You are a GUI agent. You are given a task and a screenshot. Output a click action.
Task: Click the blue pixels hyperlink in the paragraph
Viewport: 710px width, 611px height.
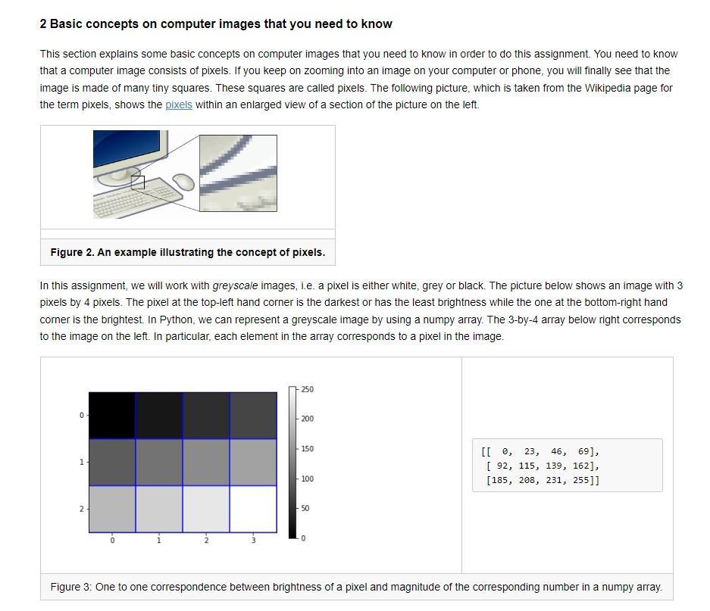179,104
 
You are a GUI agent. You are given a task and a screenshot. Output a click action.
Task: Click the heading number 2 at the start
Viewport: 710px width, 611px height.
43,23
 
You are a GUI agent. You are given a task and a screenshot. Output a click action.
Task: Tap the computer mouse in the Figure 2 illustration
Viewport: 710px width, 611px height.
183,182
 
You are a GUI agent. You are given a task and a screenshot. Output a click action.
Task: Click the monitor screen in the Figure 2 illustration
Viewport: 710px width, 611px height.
127,149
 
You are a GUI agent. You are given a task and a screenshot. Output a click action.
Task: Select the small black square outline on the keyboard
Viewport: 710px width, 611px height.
137,182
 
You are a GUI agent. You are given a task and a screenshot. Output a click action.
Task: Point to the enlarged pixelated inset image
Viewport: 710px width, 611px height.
238,173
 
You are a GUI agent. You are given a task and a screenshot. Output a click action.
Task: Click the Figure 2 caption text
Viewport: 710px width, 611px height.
187,252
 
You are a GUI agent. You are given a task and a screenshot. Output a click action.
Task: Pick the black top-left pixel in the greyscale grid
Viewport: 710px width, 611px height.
112,416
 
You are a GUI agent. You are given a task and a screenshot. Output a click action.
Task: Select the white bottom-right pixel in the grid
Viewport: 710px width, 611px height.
253,509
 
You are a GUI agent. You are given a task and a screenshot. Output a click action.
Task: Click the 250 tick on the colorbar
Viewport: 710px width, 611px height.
307,389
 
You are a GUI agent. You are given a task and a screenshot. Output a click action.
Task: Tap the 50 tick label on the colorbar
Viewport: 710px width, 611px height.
305,508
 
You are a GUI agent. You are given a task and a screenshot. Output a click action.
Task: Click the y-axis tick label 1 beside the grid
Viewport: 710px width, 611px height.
81,462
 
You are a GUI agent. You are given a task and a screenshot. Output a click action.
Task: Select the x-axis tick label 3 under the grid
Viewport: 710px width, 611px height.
253,541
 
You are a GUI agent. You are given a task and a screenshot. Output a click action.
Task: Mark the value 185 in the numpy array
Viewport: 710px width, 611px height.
499,480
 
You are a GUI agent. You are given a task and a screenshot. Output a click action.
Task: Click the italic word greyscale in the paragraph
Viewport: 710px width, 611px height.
235,285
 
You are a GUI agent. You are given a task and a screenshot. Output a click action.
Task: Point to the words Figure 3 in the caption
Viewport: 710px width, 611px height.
70,587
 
